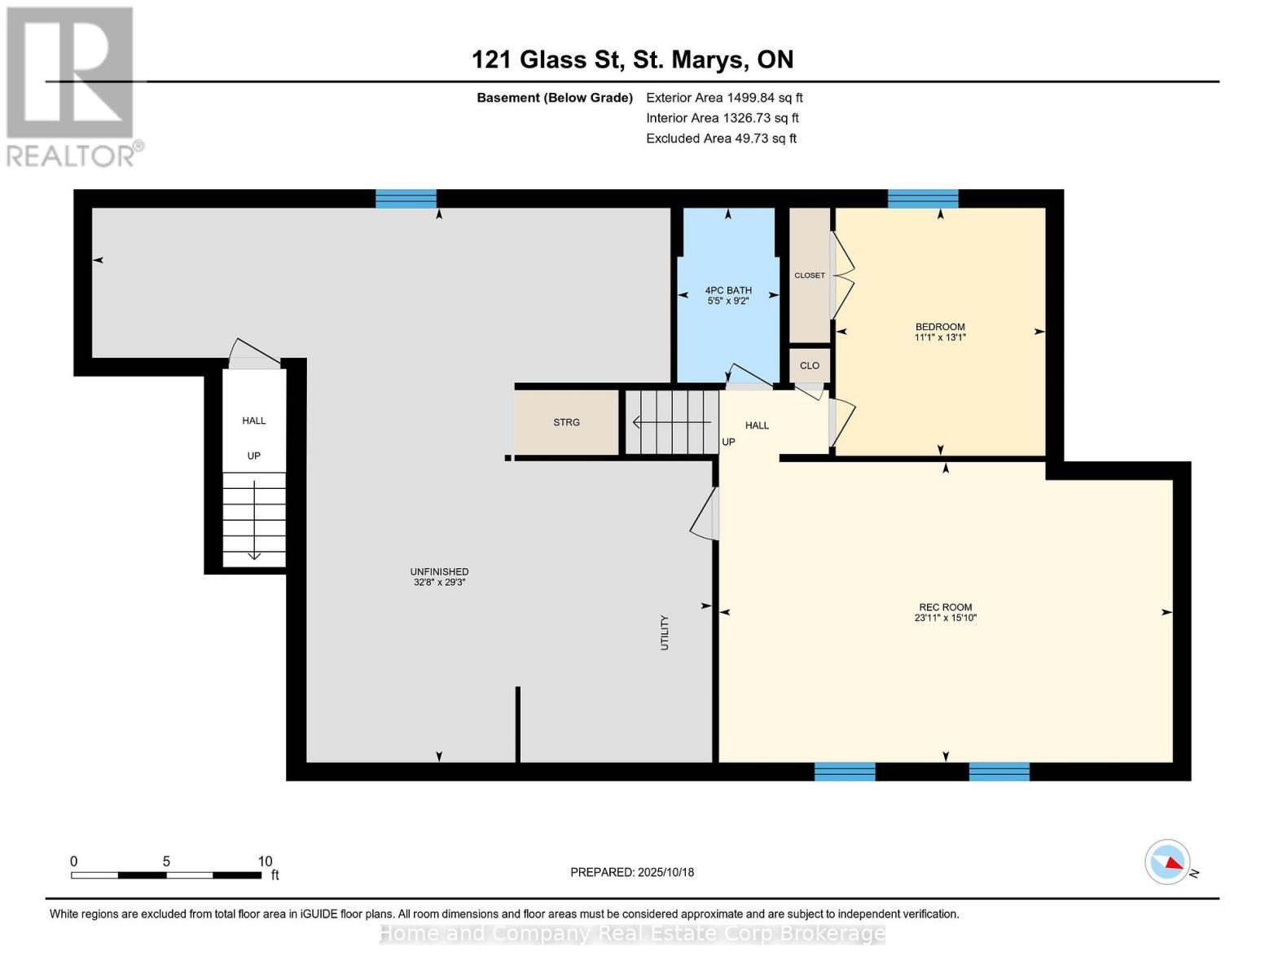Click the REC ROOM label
946,607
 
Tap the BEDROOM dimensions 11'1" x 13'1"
940,337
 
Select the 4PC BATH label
728,290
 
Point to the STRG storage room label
566,422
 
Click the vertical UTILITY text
665,632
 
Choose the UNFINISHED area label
440,572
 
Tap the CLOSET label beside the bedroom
810,275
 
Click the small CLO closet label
810,366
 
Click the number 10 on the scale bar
265,861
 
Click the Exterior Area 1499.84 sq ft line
724,98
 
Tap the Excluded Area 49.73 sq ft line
721,139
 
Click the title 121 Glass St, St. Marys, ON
632,59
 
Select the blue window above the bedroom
923,199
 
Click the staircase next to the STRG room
672,422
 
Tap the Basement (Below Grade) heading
555,98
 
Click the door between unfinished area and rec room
705,513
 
